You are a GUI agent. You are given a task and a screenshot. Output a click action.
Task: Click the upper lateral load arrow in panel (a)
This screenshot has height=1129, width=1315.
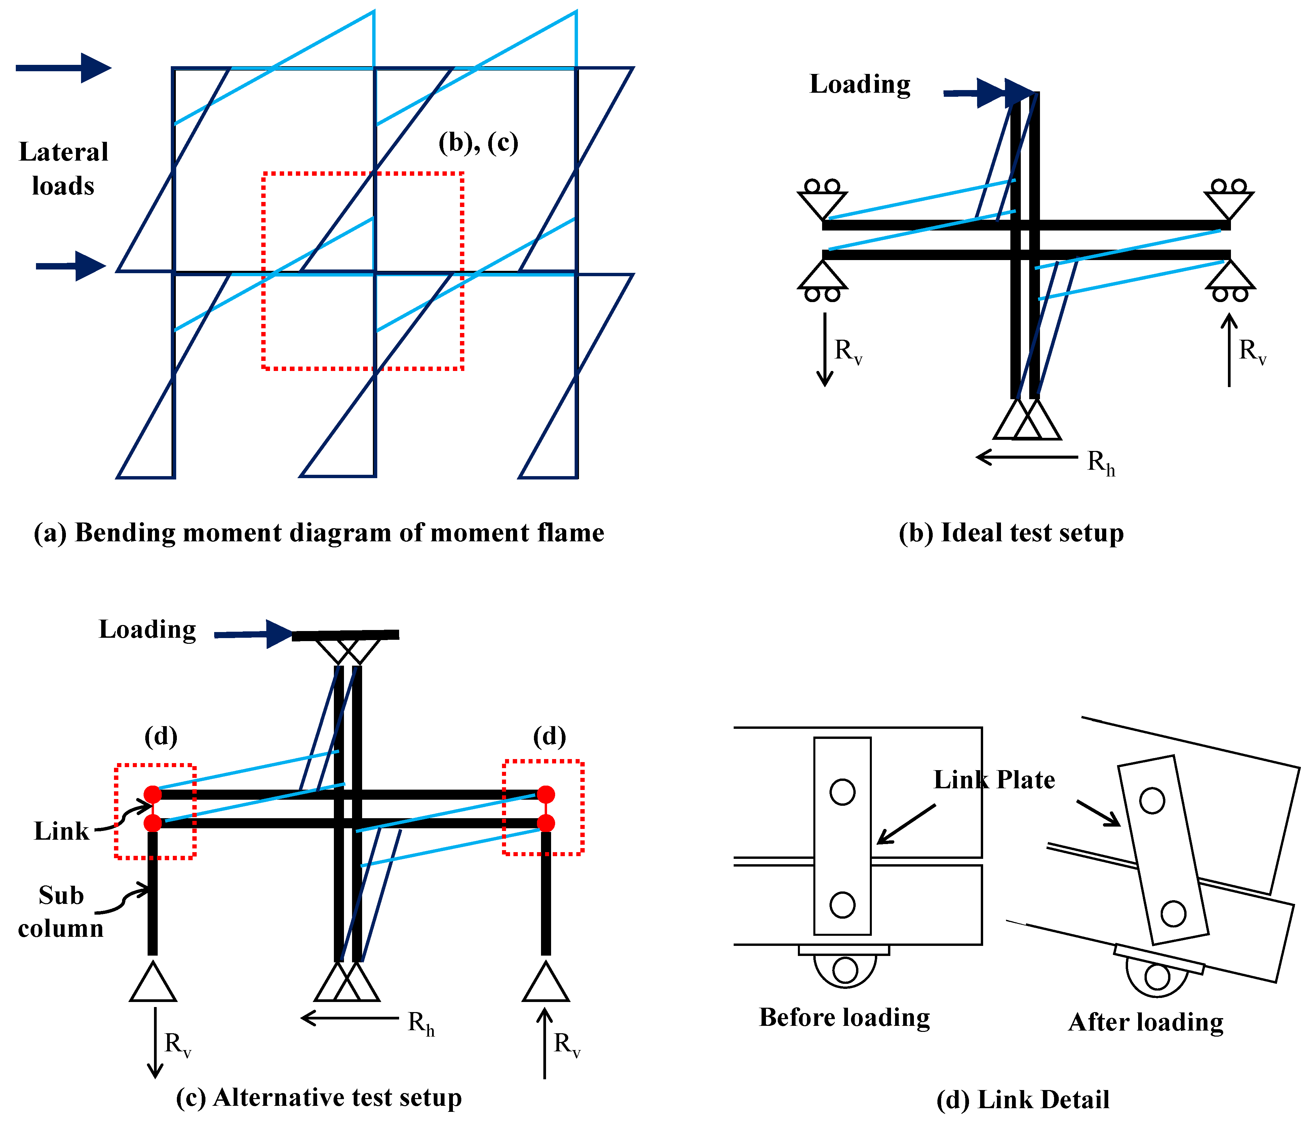64,68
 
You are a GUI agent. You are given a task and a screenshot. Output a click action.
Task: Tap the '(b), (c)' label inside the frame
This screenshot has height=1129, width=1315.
478,143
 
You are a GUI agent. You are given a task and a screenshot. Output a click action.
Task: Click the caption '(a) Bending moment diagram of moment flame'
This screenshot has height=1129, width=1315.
319,533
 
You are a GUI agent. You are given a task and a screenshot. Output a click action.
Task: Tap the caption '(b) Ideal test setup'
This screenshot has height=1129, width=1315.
1011,533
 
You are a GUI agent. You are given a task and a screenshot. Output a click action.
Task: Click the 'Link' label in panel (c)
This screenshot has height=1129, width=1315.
62,831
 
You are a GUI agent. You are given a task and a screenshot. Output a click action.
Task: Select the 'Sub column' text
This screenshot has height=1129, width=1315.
61,912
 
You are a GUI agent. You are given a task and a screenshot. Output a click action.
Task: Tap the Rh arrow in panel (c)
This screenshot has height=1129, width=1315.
349,1019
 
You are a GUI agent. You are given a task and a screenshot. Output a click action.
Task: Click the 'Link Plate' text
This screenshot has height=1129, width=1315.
994,780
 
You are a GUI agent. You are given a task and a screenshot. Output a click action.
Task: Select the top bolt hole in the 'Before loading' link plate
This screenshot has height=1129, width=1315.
842,792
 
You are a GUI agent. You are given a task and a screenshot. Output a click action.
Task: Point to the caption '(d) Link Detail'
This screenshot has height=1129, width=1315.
1023,1100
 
